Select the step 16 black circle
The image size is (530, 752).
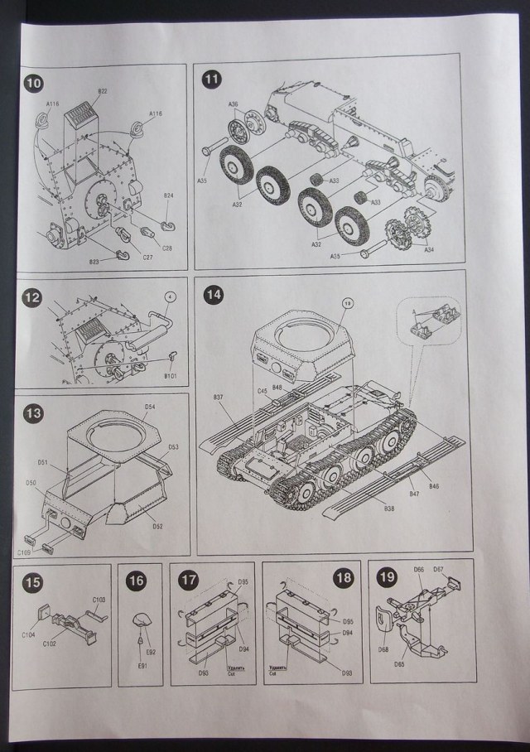pos(137,582)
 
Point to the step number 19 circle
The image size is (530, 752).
pos(387,579)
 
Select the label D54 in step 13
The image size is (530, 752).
pos(150,407)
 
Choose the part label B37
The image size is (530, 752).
pos(218,397)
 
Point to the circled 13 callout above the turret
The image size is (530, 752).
pos(349,304)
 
